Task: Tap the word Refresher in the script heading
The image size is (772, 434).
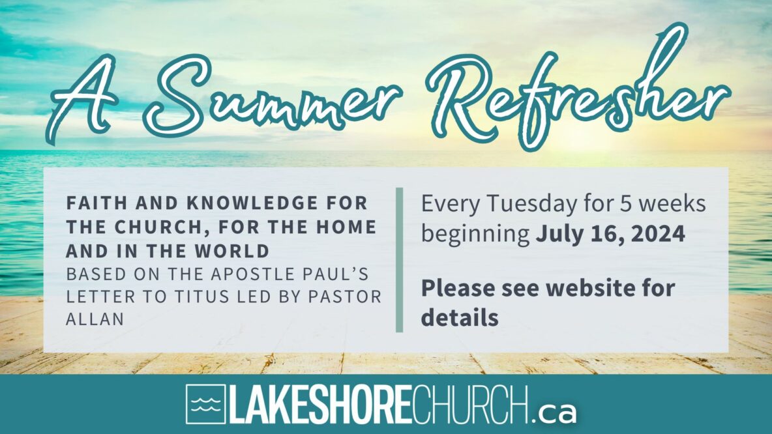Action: pos(578,89)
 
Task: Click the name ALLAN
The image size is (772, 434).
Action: pos(95,319)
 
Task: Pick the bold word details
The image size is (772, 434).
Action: pos(460,317)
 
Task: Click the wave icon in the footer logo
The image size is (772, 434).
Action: pos(206,404)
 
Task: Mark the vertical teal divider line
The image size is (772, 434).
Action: pos(399,260)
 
